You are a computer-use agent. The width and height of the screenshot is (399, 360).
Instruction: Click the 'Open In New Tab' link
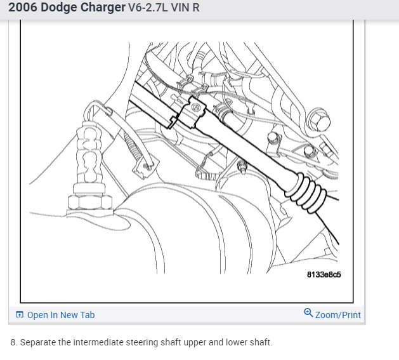click(61, 315)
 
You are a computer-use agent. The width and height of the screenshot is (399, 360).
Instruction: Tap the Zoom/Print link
click(338, 315)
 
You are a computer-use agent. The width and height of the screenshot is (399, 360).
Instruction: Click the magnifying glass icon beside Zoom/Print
click(308, 312)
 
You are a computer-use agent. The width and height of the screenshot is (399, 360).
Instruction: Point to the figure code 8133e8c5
click(324, 275)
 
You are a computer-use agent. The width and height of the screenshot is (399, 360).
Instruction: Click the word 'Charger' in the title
click(103, 8)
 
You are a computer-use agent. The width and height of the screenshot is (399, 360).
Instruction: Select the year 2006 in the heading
click(23, 8)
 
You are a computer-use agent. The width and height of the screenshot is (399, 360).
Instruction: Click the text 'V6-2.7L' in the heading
click(148, 8)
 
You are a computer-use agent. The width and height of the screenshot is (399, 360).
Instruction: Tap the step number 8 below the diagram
click(13, 342)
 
